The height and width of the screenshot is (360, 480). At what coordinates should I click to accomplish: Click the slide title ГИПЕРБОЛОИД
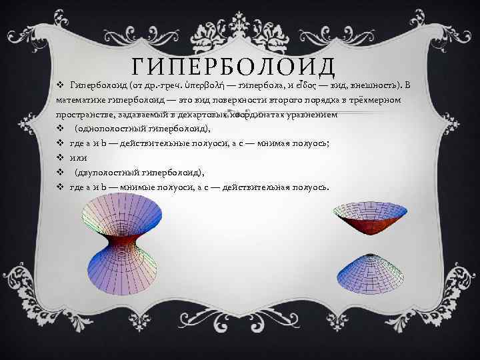click(233, 67)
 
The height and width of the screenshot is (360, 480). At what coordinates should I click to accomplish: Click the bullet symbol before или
click(59, 158)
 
